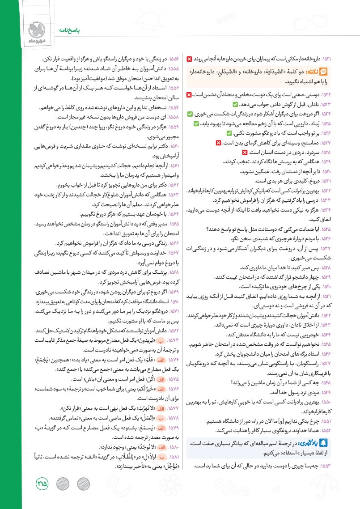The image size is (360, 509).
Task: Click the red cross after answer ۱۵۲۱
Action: pyautogui.click(x=189, y=59)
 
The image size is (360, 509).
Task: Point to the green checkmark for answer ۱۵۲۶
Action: pyautogui.click(x=229, y=133)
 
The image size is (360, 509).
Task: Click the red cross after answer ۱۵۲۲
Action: pyautogui.click(x=189, y=95)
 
